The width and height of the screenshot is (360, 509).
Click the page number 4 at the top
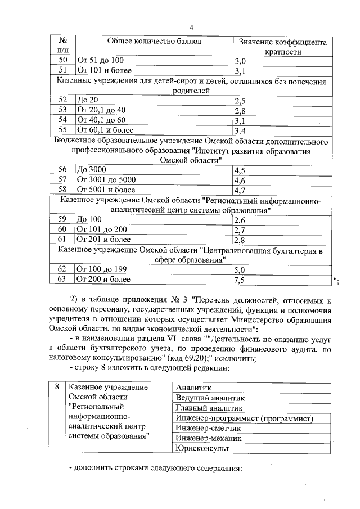[x=191, y=28]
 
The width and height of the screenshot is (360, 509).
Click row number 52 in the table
[x=63, y=100]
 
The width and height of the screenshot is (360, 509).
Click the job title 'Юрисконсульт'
[x=202, y=448]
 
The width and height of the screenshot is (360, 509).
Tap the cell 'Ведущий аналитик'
[x=206, y=398]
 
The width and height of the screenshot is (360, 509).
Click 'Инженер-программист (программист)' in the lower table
[x=244, y=418]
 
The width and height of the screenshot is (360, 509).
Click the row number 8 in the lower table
[x=57, y=388]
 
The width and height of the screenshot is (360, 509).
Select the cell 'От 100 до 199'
[x=102, y=269]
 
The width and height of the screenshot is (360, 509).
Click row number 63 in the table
[x=63, y=278]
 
